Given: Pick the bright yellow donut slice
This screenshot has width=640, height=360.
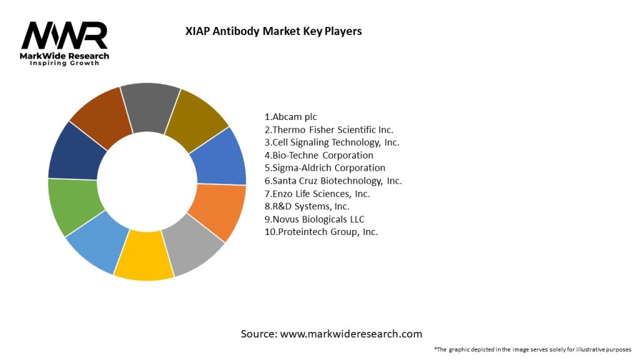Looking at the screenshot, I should click(x=144, y=258).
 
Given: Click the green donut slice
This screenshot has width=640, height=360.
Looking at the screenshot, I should click(x=71, y=205).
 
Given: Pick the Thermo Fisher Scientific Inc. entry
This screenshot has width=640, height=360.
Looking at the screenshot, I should click(x=329, y=130).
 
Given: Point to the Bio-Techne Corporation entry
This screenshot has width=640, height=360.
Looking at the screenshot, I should click(x=319, y=155).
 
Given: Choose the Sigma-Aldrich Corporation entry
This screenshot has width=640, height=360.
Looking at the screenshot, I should click(x=325, y=168).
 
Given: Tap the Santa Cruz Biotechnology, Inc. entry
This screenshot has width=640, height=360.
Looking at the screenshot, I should click(x=333, y=181).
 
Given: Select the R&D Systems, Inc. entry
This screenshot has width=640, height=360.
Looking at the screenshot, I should click(x=307, y=206).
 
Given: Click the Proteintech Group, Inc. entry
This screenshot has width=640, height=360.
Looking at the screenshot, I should click(x=321, y=232).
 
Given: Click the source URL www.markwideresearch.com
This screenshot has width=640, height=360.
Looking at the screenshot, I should click(x=351, y=334).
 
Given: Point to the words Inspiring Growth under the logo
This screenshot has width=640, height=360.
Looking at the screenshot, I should click(x=64, y=64).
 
